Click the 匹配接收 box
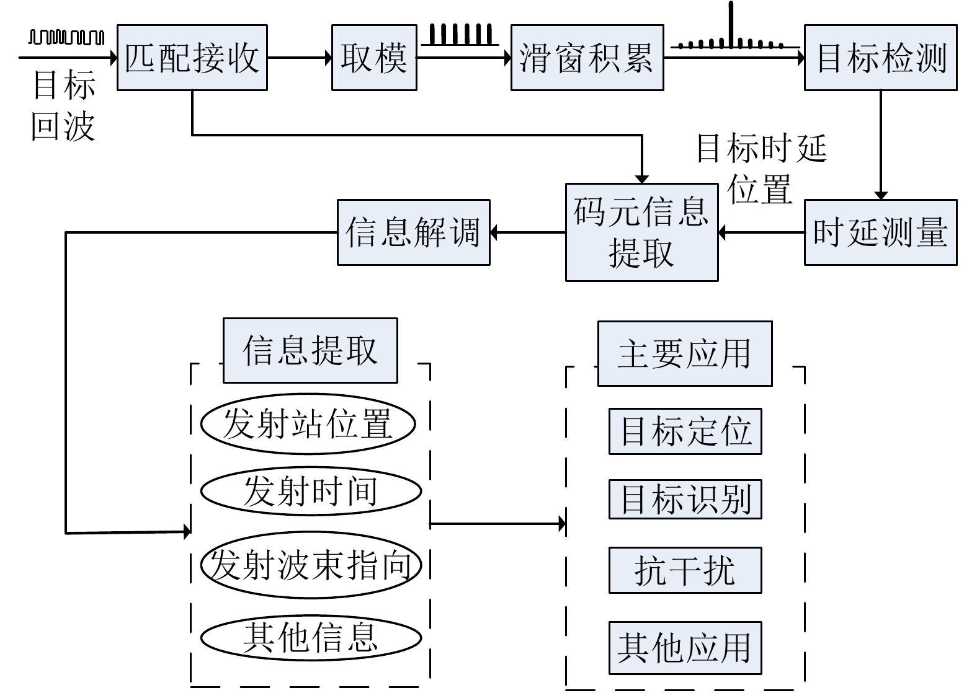tap(192, 58)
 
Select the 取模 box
tap(374, 58)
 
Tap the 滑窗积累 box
tap(587, 58)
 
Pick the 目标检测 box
tap(880, 58)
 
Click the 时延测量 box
tap(880, 232)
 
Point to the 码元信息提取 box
tap(641, 232)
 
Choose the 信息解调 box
tap(413, 232)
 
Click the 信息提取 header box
tap(310, 350)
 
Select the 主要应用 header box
tap(685, 353)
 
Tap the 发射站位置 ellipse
tap(308, 424)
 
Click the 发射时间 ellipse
tap(311, 491)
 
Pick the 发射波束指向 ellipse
tap(311, 565)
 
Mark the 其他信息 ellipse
tap(311, 637)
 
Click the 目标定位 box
tap(685, 431)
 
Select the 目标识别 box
tap(685, 499)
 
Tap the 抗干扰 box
tap(685, 570)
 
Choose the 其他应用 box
tap(685, 648)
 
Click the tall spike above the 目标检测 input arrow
tap(731, 25)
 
